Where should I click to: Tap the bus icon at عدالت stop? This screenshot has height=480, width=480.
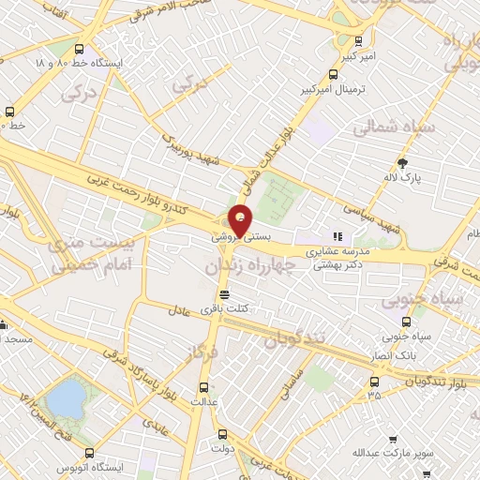(x=204, y=387)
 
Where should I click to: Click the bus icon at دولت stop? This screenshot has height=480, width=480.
(x=223, y=434)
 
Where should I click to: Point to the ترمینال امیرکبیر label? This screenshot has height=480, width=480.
(x=305, y=89)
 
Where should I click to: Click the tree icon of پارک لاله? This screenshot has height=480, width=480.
(x=404, y=163)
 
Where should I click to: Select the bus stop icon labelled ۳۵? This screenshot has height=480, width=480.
(x=375, y=382)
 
